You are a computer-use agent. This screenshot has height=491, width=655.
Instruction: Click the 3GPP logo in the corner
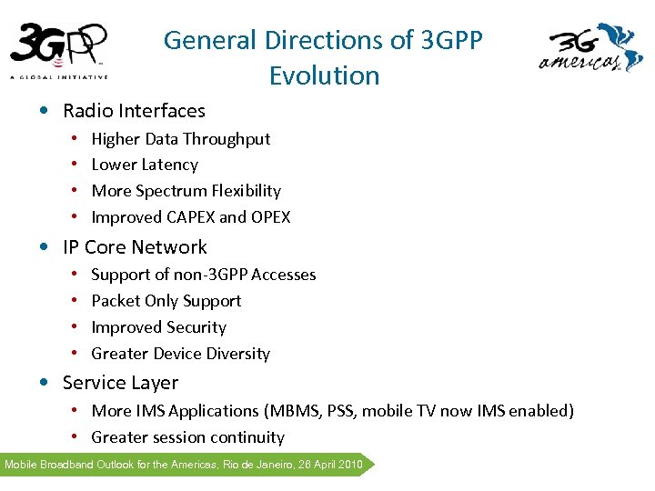coord(59,50)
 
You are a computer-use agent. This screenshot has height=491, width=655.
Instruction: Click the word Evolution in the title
coord(324,75)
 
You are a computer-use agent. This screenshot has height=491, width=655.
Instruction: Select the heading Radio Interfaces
coord(134,111)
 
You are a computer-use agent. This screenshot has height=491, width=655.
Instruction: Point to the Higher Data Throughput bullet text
coord(181,139)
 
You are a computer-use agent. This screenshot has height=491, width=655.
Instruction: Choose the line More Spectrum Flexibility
coord(186,191)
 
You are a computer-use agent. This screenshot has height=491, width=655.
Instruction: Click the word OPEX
coord(270,217)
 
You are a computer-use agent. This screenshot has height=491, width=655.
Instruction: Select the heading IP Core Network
coord(135,247)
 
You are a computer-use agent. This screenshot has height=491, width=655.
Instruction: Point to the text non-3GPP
coord(206,275)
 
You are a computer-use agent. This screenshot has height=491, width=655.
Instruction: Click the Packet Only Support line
coord(166,301)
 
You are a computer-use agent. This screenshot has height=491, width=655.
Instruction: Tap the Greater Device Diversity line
coord(180,354)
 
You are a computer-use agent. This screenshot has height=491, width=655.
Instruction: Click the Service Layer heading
coord(120,383)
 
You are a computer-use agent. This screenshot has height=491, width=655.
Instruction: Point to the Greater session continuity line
coord(187,437)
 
